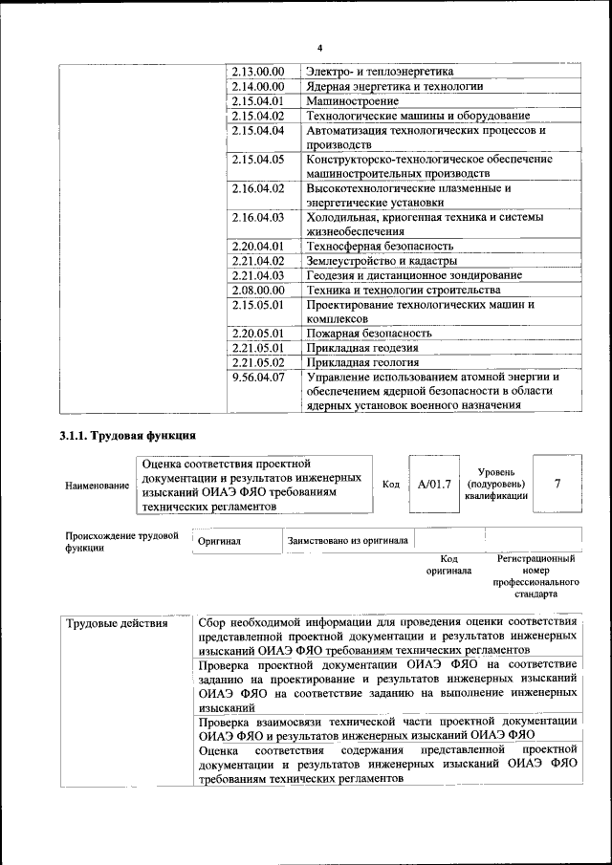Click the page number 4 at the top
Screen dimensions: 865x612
click(x=319, y=48)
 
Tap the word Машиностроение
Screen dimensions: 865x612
click(x=345, y=99)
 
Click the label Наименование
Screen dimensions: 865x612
click(x=97, y=487)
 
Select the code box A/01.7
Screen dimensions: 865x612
click(x=434, y=484)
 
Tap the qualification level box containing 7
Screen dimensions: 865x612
click(x=557, y=484)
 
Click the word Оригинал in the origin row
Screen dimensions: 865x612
click(x=219, y=541)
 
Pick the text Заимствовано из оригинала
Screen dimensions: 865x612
click(x=348, y=541)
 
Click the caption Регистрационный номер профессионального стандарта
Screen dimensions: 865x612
click(x=535, y=575)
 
